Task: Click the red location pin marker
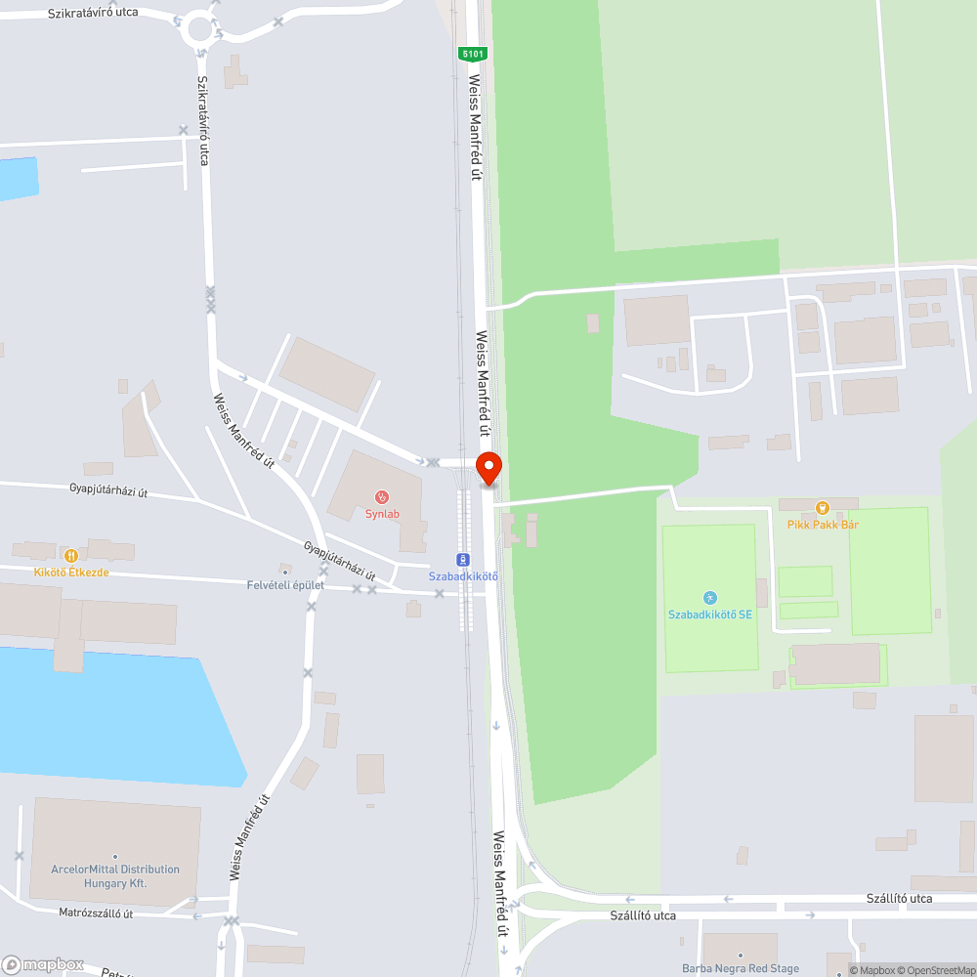488,468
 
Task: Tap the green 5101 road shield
472,55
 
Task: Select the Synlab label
382,514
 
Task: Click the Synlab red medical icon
382,497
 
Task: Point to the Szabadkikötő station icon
463,560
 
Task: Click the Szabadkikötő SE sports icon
710,598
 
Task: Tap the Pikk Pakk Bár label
823,525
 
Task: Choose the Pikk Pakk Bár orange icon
823,507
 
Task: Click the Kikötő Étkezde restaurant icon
71,555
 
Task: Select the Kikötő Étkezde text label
71,572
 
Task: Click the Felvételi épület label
285,585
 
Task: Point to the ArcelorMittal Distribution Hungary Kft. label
115,875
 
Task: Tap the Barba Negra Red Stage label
741,969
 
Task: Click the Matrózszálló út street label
96,913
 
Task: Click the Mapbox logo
43,964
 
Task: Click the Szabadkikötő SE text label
710,615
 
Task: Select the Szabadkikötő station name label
463,576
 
